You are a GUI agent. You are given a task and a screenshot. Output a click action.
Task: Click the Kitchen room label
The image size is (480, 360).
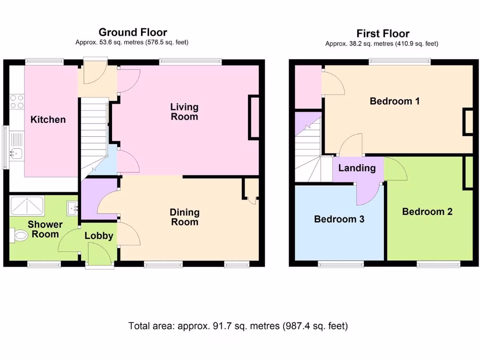[48, 120]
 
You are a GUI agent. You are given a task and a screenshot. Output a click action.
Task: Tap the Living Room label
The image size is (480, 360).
[184, 112]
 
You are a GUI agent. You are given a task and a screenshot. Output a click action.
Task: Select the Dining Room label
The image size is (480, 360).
[184, 217]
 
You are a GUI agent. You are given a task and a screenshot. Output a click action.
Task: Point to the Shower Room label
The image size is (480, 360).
[45, 229]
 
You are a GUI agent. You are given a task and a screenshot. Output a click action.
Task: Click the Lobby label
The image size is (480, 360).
[99, 236]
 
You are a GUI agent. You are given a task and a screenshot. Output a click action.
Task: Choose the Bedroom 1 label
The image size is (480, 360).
[394, 101]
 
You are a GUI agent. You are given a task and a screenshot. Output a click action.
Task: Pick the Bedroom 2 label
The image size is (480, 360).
[427, 211]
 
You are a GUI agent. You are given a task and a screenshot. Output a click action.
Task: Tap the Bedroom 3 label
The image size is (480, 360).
[339, 219]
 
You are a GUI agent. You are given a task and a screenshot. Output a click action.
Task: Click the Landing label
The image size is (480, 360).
[357, 168]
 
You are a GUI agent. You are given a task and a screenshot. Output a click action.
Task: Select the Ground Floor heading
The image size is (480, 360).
[133, 32]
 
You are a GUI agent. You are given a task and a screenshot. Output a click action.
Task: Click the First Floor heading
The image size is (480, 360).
[382, 33]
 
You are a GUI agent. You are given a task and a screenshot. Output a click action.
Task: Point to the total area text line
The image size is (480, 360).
[238, 326]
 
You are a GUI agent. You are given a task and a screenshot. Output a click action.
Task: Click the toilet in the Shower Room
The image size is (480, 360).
[21, 235]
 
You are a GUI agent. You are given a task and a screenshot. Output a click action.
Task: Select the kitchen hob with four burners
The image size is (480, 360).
[17, 102]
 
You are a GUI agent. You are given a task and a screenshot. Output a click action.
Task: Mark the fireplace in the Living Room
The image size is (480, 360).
[254, 117]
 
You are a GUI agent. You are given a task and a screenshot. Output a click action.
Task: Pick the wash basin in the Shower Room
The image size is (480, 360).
[72, 207]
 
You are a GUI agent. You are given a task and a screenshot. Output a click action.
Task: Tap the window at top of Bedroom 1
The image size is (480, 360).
[399, 60]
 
